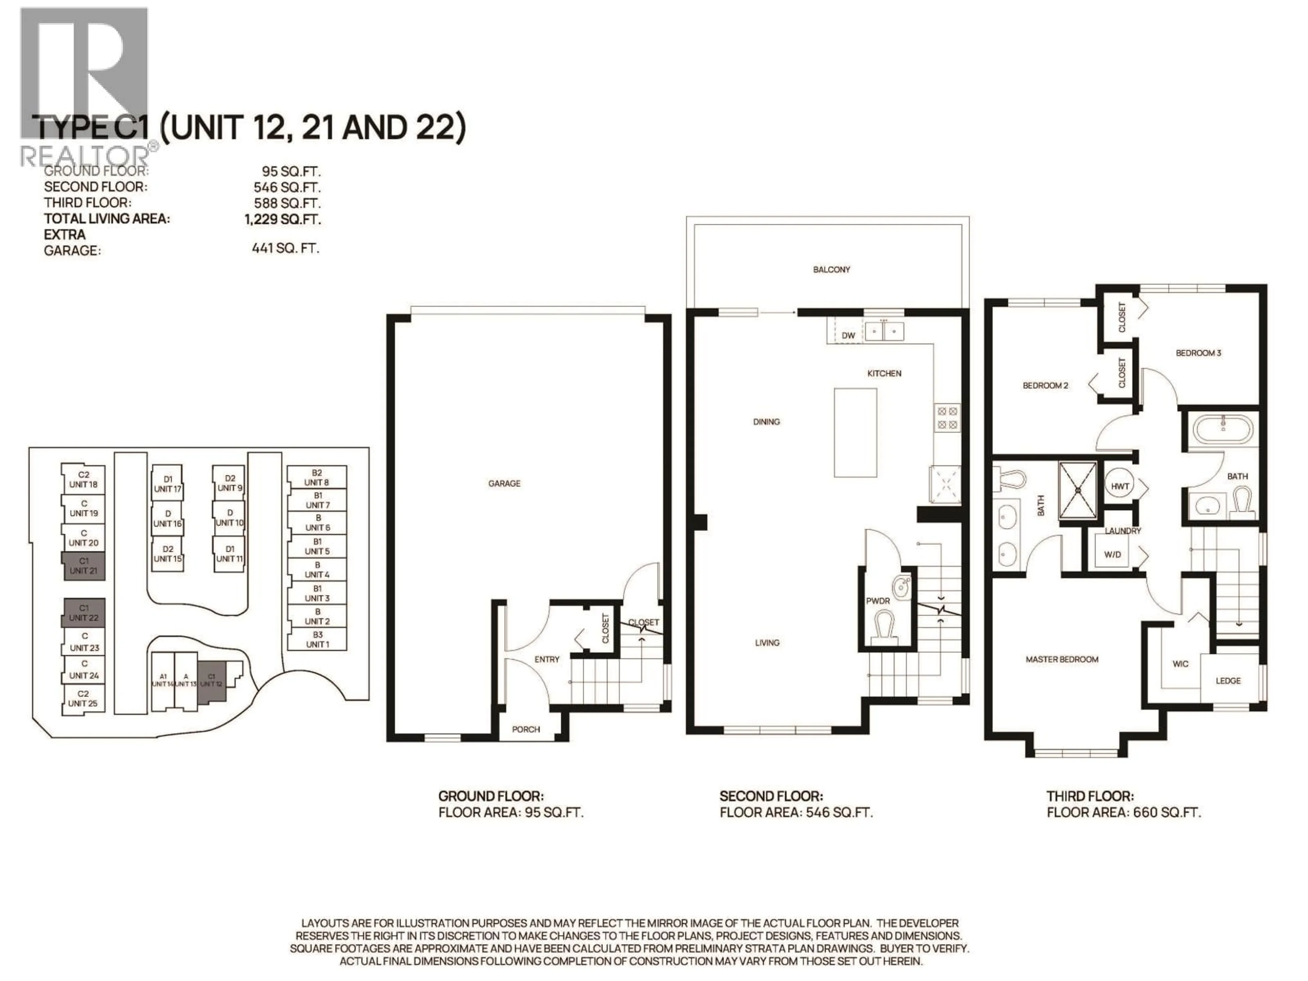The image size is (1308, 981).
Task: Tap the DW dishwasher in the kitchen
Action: tap(848, 335)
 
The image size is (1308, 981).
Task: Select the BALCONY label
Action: tap(831, 270)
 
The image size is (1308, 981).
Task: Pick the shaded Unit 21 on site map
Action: tap(83, 566)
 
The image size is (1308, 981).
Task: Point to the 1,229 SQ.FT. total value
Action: tap(283, 219)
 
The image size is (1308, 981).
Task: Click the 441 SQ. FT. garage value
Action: tap(285, 248)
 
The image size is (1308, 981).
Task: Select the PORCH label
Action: tap(526, 729)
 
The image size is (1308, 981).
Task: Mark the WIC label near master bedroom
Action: tap(1180, 664)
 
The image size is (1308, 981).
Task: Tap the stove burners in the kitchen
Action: tap(946, 418)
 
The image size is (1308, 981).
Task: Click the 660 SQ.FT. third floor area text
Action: tap(1166, 812)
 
